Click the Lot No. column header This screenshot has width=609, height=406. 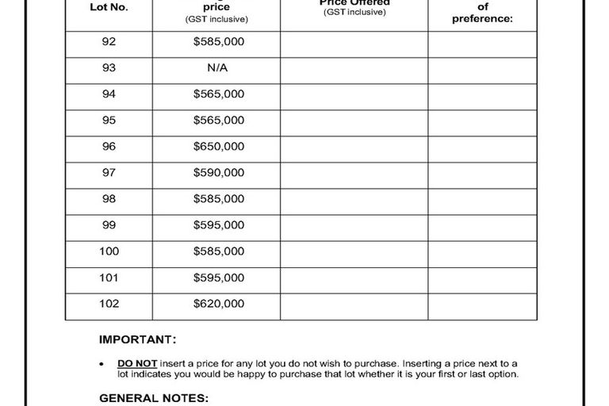click(x=109, y=7)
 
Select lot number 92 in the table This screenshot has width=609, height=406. click(x=109, y=42)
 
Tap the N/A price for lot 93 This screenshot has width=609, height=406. click(x=217, y=68)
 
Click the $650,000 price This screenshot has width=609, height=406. click(x=218, y=147)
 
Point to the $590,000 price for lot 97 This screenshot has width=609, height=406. click(x=218, y=173)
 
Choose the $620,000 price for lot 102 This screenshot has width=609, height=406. click(x=218, y=304)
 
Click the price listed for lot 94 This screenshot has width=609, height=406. click(x=218, y=94)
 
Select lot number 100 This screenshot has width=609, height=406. click(x=109, y=251)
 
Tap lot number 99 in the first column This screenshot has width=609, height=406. click(x=109, y=225)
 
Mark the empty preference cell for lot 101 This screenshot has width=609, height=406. click(x=482, y=278)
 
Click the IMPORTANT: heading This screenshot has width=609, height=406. click(x=137, y=339)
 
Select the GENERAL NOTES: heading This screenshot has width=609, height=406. click(x=154, y=397)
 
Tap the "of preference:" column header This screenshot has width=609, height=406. click(x=482, y=13)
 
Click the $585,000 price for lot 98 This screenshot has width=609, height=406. click(x=218, y=199)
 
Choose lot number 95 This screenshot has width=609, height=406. click(x=109, y=121)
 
